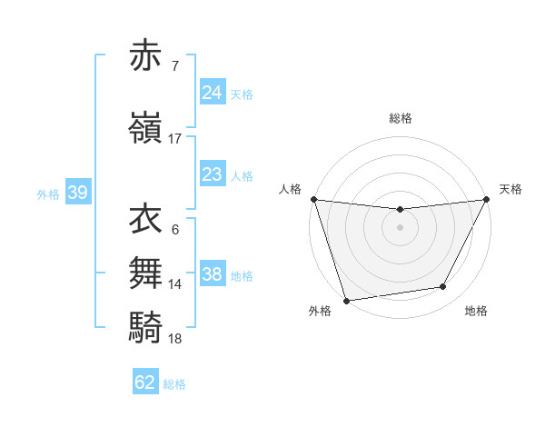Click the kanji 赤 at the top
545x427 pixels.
coord(145,56)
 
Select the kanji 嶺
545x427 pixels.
coord(145,128)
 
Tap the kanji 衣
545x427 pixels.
coord(145,219)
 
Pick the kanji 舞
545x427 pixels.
coord(145,272)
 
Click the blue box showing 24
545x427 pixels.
coord(212,93)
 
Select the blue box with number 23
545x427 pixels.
coord(212,174)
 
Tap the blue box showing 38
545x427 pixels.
coord(212,274)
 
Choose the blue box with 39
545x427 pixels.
coord(77,193)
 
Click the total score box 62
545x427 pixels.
coord(145,382)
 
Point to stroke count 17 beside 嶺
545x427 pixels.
coord(175,139)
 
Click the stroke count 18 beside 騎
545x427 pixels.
coord(175,338)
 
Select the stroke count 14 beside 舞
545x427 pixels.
coord(175,284)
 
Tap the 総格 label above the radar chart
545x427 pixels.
coord(401,118)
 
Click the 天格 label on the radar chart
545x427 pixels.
coord(510,189)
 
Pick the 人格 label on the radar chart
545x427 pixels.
coord(290,189)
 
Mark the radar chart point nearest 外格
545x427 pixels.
coord(346,300)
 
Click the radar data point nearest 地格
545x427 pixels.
coord(443,287)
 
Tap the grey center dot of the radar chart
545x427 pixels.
coord(401,227)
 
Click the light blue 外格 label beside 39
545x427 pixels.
coord(47,194)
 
